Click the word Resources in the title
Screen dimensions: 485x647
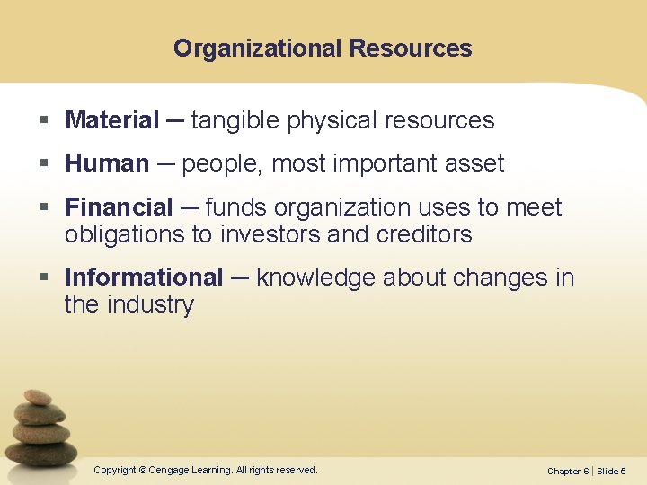click(411, 48)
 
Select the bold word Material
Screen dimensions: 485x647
click(112, 120)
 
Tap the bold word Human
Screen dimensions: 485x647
click(107, 163)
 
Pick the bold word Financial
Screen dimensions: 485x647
click(119, 207)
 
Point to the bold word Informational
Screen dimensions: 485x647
click(144, 278)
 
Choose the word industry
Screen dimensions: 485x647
click(150, 304)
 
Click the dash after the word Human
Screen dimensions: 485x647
click(165, 163)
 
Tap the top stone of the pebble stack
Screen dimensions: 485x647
click(38, 397)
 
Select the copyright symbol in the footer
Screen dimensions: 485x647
click(142, 470)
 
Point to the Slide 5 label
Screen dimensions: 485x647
click(612, 472)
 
